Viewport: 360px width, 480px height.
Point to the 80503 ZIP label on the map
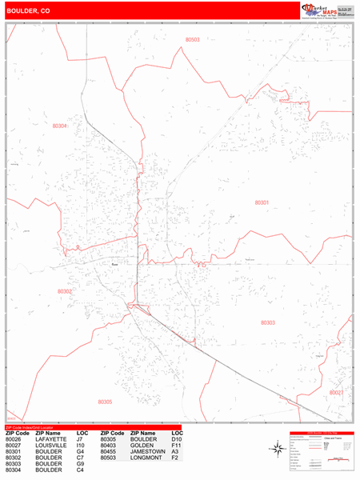192,39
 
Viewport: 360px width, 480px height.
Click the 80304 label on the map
60,126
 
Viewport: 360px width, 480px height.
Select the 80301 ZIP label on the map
262,202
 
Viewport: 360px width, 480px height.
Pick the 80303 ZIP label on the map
268,322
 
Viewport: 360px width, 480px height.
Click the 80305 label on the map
105,402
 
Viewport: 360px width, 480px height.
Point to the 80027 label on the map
336,393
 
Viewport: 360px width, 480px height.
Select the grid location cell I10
80,446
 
